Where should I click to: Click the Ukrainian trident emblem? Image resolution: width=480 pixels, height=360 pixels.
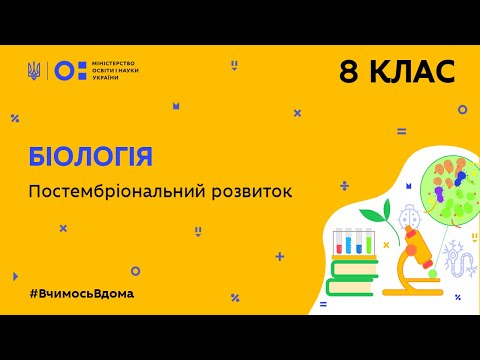coord(35,70)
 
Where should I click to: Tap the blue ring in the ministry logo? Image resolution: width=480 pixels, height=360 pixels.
coord(62,70)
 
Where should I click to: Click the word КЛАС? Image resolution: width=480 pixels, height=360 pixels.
coord(411,71)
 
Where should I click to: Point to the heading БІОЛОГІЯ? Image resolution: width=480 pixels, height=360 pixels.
coord(91,156)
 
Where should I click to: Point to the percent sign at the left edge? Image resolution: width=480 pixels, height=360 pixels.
coord(15,117)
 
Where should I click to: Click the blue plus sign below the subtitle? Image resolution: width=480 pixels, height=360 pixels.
coord(279,256)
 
